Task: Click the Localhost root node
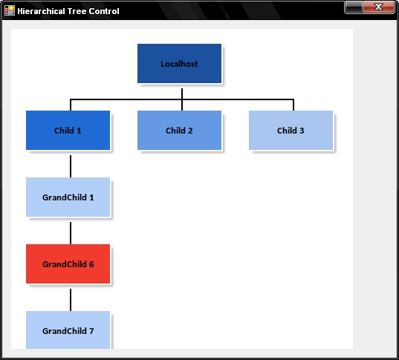[x=179, y=64]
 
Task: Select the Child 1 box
[x=68, y=131]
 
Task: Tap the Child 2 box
[x=179, y=131]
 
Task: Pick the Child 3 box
[x=291, y=131]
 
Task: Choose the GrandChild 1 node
[x=68, y=197]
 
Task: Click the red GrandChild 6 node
[x=68, y=264]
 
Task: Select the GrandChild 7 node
[x=68, y=330]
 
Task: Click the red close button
[x=379, y=7]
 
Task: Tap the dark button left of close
[x=354, y=7]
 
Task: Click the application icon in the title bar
[x=10, y=10]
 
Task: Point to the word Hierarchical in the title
[x=41, y=11]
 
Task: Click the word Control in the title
[x=104, y=11]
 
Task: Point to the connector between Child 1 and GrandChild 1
[x=71, y=166]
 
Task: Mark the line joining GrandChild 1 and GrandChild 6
[x=71, y=233]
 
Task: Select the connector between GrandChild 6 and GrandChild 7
[x=71, y=300]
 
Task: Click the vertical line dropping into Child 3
[x=293, y=105]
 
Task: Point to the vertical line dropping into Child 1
[x=71, y=105]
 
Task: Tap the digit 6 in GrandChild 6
[x=91, y=264]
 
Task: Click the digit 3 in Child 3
[x=302, y=131]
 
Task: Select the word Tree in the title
[x=77, y=11]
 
